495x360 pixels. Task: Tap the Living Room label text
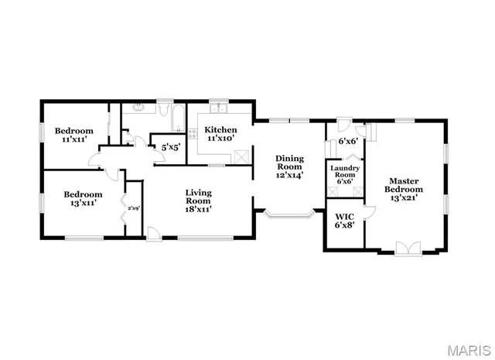point(199,200)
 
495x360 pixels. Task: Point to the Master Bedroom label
point(405,190)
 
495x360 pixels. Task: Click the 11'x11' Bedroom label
point(73,135)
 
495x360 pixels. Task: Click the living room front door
point(154,232)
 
